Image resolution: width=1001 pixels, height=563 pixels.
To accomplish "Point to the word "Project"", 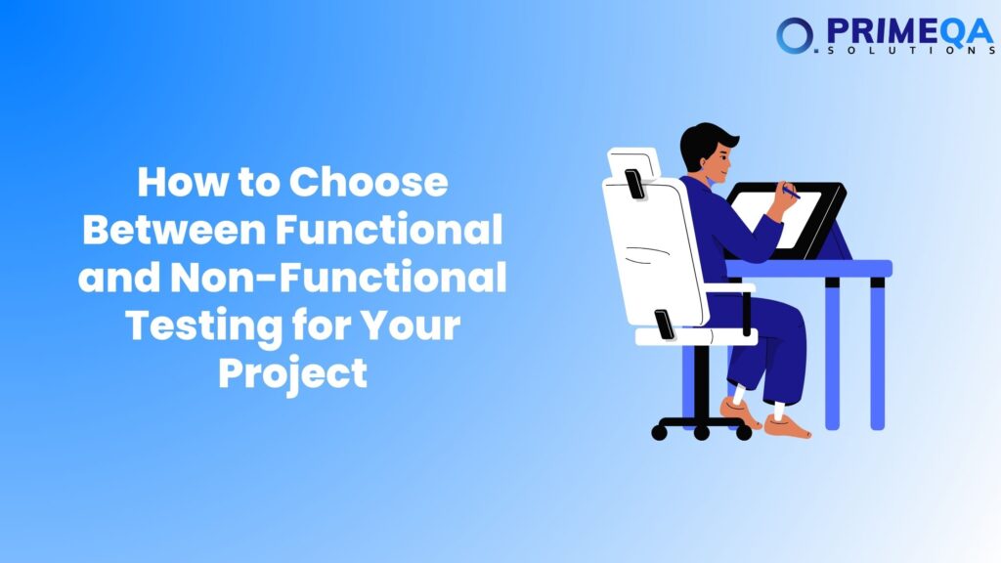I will click(292, 373).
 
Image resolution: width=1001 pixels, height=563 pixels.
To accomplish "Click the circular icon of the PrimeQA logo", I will click(793, 35).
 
